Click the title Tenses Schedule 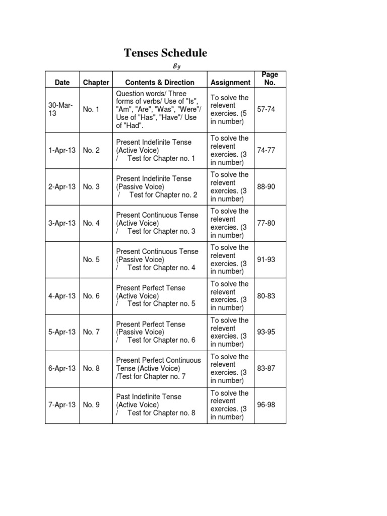pyautogui.click(x=166, y=53)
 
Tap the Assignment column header pyautogui.click(x=230, y=82)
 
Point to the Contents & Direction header pyautogui.click(x=159, y=82)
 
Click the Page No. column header pyautogui.click(x=270, y=79)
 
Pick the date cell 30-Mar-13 pyautogui.click(x=60, y=109)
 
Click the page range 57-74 pyautogui.click(x=266, y=109)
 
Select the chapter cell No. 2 pyautogui.click(x=91, y=150)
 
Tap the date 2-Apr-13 pyautogui.click(x=62, y=186)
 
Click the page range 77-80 pyautogui.click(x=266, y=223)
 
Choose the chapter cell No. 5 pyautogui.click(x=91, y=260)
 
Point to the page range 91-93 pyautogui.click(x=266, y=260)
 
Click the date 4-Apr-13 pyautogui.click(x=62, y=296)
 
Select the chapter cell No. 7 pyautogui.click(x=91, y=332)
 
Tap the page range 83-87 pyautogui.click(x=266, y=368)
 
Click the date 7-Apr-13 pyautogui.click(x=62, y=405)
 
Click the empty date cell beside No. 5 pyautogui.click(x=62, y=260)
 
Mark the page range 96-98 pyautogui.click(x=266, y=405)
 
